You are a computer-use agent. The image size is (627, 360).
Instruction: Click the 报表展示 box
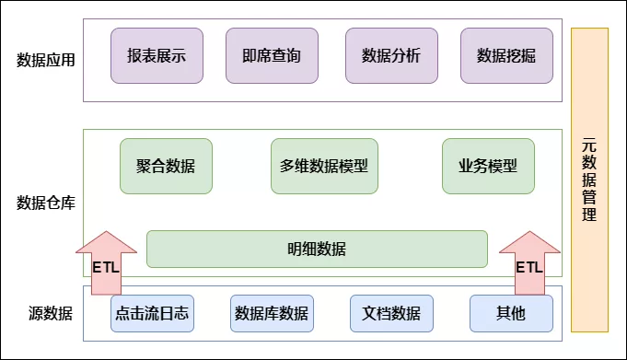click(x=157, y=55)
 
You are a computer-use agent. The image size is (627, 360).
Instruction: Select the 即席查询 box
click(x=272, y=55)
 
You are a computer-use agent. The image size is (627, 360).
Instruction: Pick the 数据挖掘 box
click(x=506, y=55)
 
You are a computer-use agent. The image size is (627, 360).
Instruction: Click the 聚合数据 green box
click(x=166, y=167)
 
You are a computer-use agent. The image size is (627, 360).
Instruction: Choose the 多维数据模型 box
click(x=324, y=167)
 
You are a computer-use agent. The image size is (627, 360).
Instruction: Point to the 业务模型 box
click(x=488, y=167)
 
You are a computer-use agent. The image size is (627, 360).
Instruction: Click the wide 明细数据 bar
click(x=317, y=249)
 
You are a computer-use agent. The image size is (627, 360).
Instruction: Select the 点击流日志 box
click(x=152, y=313)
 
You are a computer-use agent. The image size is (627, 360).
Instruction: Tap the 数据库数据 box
click(x=272, y=313)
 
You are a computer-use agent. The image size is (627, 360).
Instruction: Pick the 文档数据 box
click(x=391, y=313)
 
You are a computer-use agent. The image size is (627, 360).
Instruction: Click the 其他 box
click(x=511, y=313)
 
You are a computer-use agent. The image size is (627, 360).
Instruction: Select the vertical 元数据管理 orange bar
click(x=589, y=180)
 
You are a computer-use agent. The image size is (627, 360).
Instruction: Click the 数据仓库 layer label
click(x=46, y=203)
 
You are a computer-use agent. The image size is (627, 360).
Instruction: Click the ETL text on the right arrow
click(x=528, y=268)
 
